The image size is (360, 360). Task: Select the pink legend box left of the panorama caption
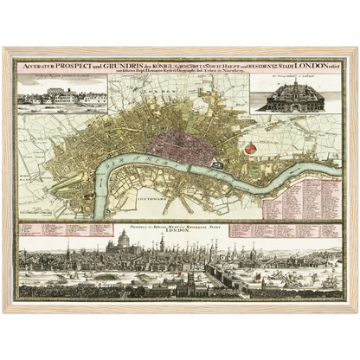(x=74, y=228)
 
